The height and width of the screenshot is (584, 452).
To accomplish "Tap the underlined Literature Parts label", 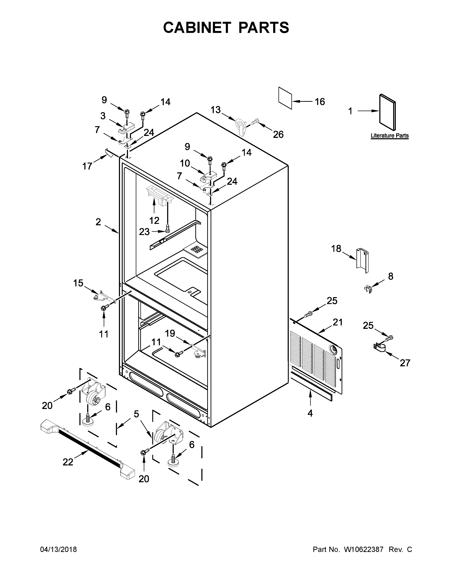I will (x=389, y=136).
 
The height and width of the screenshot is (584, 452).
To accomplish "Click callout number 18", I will (x=336, y=249).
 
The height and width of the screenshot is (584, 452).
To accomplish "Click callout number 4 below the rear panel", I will (x=310, y=413).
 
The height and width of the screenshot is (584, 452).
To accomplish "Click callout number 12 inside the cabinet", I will (x=154, y=221).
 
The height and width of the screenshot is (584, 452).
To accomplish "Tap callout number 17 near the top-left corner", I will (x=87, y=166).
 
